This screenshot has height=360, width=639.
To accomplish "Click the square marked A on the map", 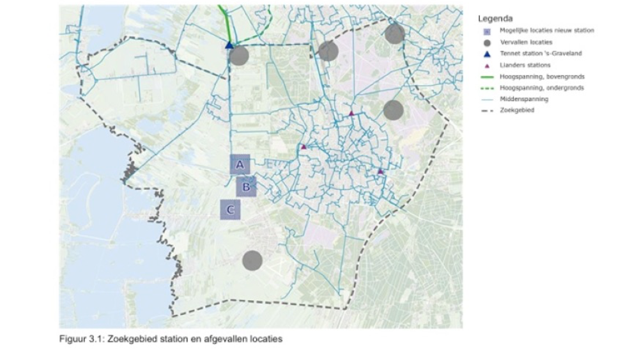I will tap(240, 164).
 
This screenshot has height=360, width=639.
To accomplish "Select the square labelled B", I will tap(246, 187).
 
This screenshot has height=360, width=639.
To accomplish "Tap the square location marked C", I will tap(231, 209).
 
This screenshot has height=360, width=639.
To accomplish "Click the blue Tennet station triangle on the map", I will tap(229, 45).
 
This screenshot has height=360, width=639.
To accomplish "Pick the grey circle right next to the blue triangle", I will tap(239, 56).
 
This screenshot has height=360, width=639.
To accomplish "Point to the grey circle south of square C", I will tap(252, 260).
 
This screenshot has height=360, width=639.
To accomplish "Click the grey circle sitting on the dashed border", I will tap(395, 34).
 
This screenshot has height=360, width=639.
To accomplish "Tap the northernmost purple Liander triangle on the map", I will tap(351, 113).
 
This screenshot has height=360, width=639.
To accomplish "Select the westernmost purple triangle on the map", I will tap(304, 146).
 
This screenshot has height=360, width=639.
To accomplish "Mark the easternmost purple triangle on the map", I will tap(380, 171).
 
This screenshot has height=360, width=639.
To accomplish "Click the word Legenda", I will tap(495, 19).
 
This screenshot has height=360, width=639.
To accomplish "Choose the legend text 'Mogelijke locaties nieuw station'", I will tap(547, 31).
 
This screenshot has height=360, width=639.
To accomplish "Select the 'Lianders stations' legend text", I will tap(525, 65).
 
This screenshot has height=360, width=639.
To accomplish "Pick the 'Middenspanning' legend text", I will tap(524, 99).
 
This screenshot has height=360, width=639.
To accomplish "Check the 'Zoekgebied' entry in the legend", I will tap(517, 111).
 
